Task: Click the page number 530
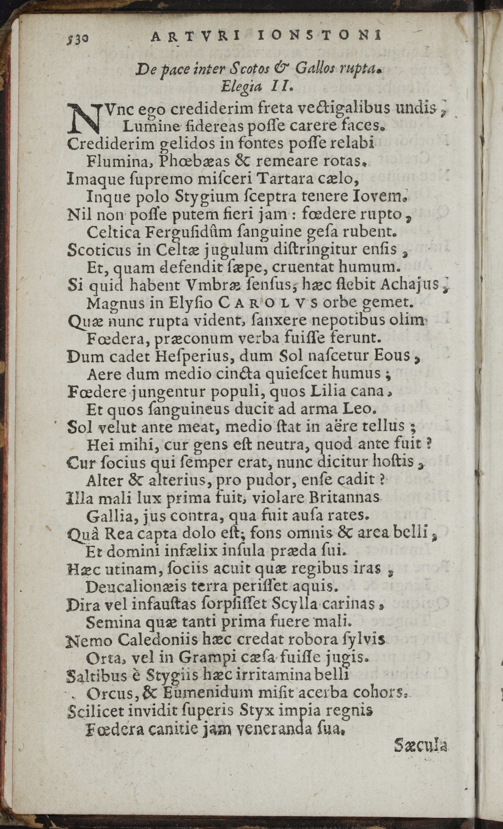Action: pos(77,39)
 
